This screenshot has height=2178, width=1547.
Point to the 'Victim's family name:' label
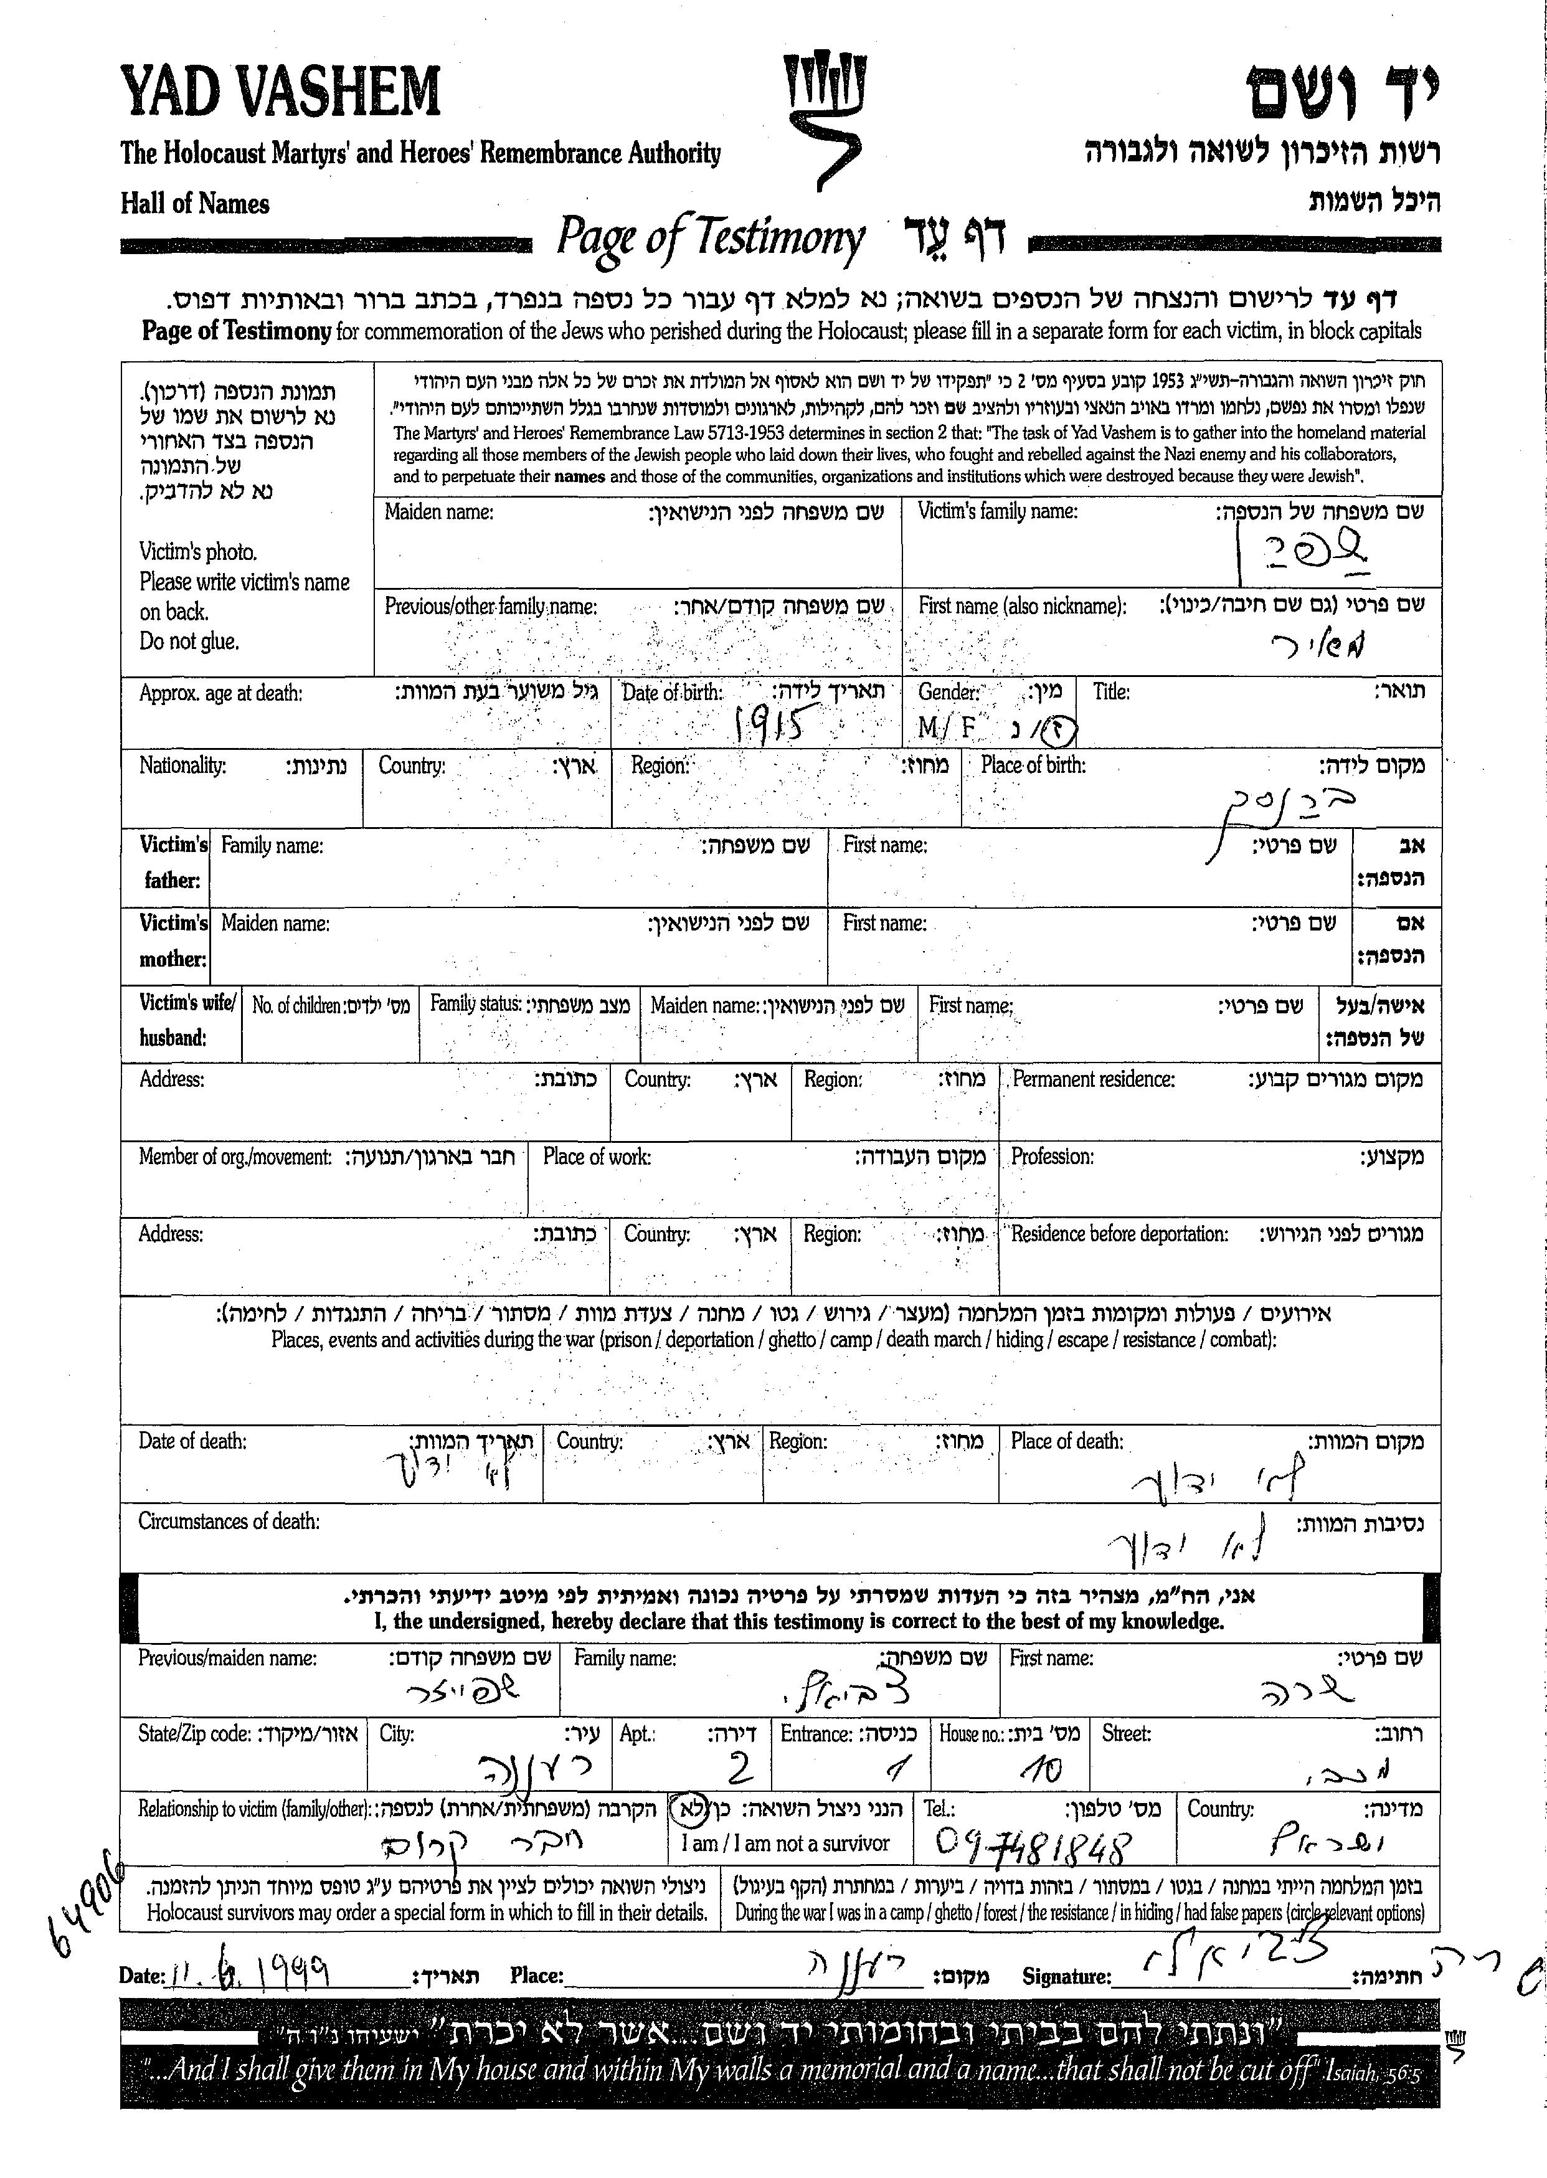[997, 511]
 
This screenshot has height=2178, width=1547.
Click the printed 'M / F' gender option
[947, 728]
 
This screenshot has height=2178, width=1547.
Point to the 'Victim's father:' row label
[173, 862]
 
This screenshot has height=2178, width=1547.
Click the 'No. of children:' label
[296, 1005]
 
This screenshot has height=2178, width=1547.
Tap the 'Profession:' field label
[1052, 1157]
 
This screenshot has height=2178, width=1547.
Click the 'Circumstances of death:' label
[229, 1522]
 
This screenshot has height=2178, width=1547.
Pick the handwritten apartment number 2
[739, 1769]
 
